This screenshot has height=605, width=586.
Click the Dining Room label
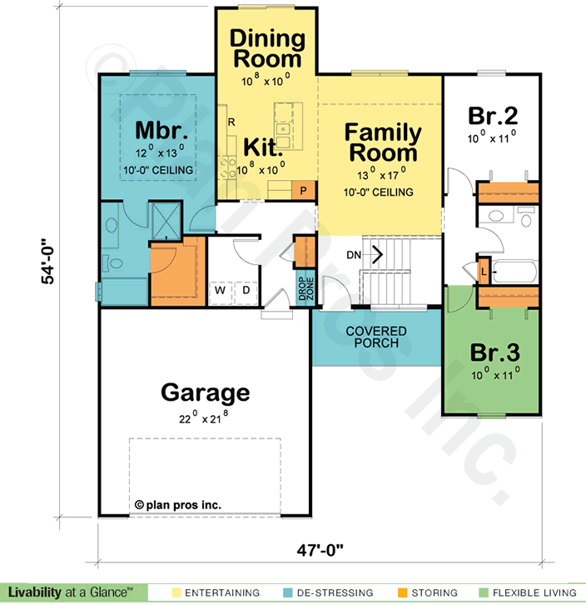click(x=267, y=48)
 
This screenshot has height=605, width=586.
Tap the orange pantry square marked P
click(x=304, y=190)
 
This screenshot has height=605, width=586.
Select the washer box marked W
click(x=220, y=290)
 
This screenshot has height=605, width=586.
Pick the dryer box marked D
click(x=246, y=290)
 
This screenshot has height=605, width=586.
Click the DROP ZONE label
click(x=306, y=288)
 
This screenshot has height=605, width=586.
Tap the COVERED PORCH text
click(x=376, y=337)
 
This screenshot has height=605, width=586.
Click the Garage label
click(x=205, y=393)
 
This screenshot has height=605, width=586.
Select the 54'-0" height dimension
click(x=47, y=261)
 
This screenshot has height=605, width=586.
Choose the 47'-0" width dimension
click(x=320, y=550)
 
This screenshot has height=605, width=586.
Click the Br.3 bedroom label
click(x=495, y=352)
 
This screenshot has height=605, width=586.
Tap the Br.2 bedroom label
click(x=493, y=115)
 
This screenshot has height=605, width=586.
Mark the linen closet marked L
click(x=484, y=271)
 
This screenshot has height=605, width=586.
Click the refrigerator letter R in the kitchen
click(x=231, y=122)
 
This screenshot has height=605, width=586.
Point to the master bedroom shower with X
click(x=166, y=221)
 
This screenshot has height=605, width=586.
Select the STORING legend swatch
click(x=403, y=592)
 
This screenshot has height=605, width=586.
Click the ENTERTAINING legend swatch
click(x=176, y=592)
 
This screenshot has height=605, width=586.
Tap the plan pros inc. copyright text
click(x=178, y=505)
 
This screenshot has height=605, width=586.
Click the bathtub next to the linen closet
click(x=514, y=272)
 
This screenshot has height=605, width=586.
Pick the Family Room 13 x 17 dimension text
click(x=381, y=175)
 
